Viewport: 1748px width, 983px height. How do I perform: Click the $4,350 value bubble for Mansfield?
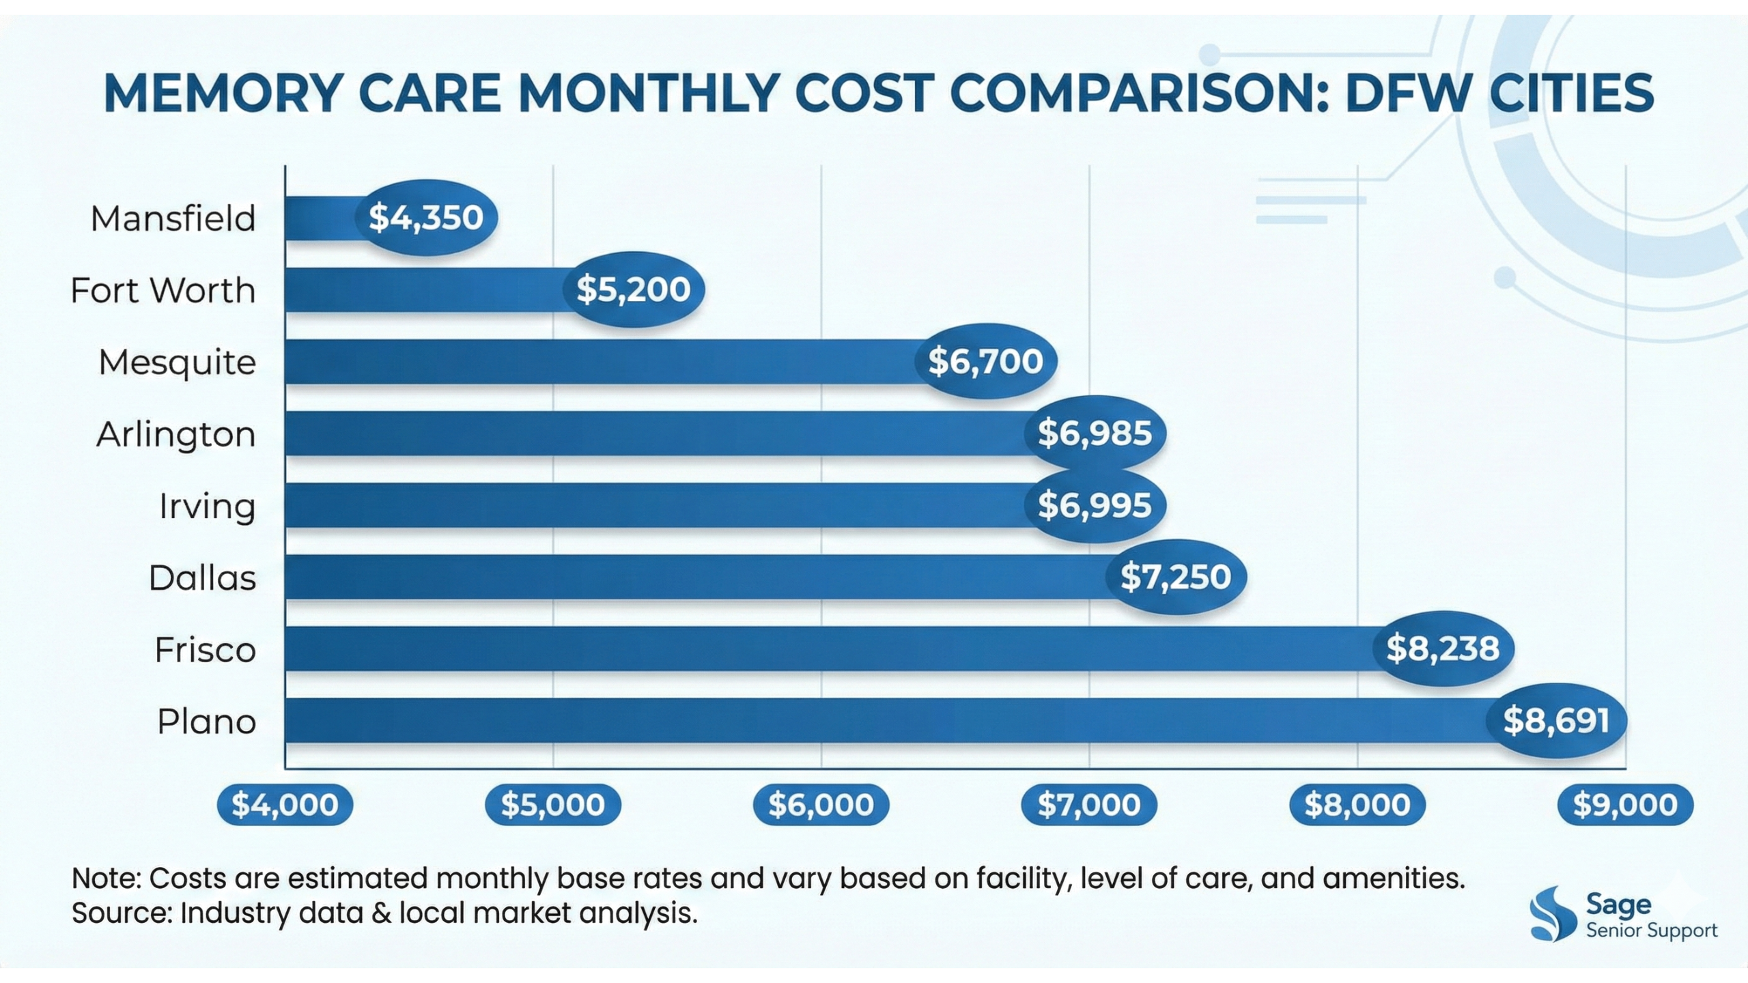(426, 218)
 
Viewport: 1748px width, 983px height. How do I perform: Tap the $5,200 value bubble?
(634, 289)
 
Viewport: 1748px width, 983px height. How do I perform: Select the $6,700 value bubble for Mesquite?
(985, 361)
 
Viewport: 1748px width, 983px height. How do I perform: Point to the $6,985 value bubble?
(1095, 433)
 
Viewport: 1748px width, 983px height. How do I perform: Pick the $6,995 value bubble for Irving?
(1095, 506)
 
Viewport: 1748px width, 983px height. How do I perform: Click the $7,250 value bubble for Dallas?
(1175, 578)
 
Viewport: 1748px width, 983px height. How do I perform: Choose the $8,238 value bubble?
(1443, 649)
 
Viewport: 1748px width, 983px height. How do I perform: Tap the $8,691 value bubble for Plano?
(1556, 721)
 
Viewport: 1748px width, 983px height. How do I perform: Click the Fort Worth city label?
(163, 291)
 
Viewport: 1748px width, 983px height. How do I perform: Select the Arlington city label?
(176, 435)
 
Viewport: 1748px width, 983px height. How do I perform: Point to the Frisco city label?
(205, 650)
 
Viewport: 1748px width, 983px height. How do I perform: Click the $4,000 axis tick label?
(285, 806)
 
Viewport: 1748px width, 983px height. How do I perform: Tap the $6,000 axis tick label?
(821, 806)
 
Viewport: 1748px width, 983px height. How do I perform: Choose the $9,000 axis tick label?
(1625, 806)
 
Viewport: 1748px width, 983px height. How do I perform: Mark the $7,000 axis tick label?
(1089, 806)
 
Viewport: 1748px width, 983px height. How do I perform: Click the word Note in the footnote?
(104, 879)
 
